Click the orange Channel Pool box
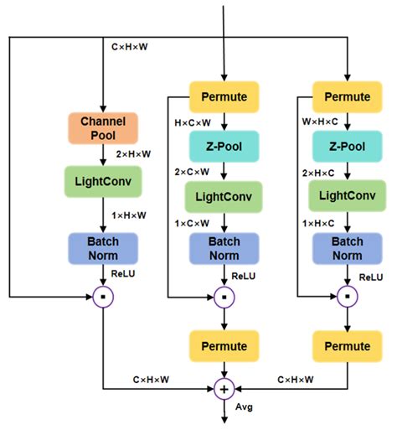point(102,127)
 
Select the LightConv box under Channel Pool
point(101,181)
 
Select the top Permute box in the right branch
point(346,96)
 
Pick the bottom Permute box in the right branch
point(346,345)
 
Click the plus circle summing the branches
point(224,388)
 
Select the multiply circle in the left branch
point(101,296)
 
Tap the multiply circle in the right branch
point(346,296)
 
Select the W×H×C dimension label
point(316,122)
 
